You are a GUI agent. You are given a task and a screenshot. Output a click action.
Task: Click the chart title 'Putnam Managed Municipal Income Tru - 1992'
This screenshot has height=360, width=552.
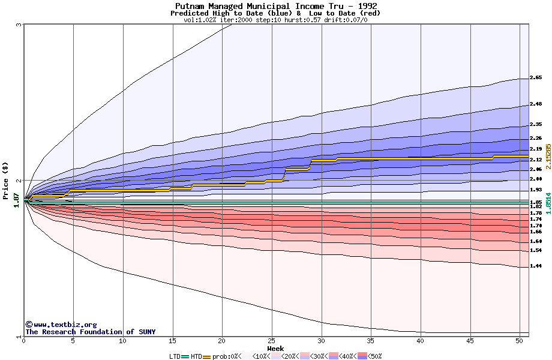pyautogui.click(x=276, y=6)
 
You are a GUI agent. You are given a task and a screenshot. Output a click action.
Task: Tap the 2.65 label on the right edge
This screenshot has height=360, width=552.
pyautogui.click(x=536, y=78)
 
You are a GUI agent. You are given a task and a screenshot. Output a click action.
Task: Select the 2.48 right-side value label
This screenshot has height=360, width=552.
pyautogui.click(x=536, y=104)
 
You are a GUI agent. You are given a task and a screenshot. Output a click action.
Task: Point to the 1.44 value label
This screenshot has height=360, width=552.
pyautogui.click(x=536, y=266)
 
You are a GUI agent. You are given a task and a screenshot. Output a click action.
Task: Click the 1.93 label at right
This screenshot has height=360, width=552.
pyautogui.click(x=536, y=190)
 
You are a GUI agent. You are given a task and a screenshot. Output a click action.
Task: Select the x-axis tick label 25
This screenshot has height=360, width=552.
pyautogui.click(x=271, y=341)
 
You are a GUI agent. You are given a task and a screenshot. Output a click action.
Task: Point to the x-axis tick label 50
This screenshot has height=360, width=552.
pyautogui.click(x=520, y=341)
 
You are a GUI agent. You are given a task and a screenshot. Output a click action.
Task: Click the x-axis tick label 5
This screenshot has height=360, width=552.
pyautogui.click(x=73, y=341)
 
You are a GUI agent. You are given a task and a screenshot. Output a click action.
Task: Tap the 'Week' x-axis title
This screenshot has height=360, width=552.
pyautogui.click(x=275, y=348)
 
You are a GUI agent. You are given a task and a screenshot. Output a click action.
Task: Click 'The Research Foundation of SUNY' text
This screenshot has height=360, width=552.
pyautogui.click(x=90, y=332)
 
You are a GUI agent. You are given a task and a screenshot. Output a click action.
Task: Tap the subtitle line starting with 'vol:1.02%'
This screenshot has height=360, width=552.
pyautogui.click(x=275, y=20)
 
